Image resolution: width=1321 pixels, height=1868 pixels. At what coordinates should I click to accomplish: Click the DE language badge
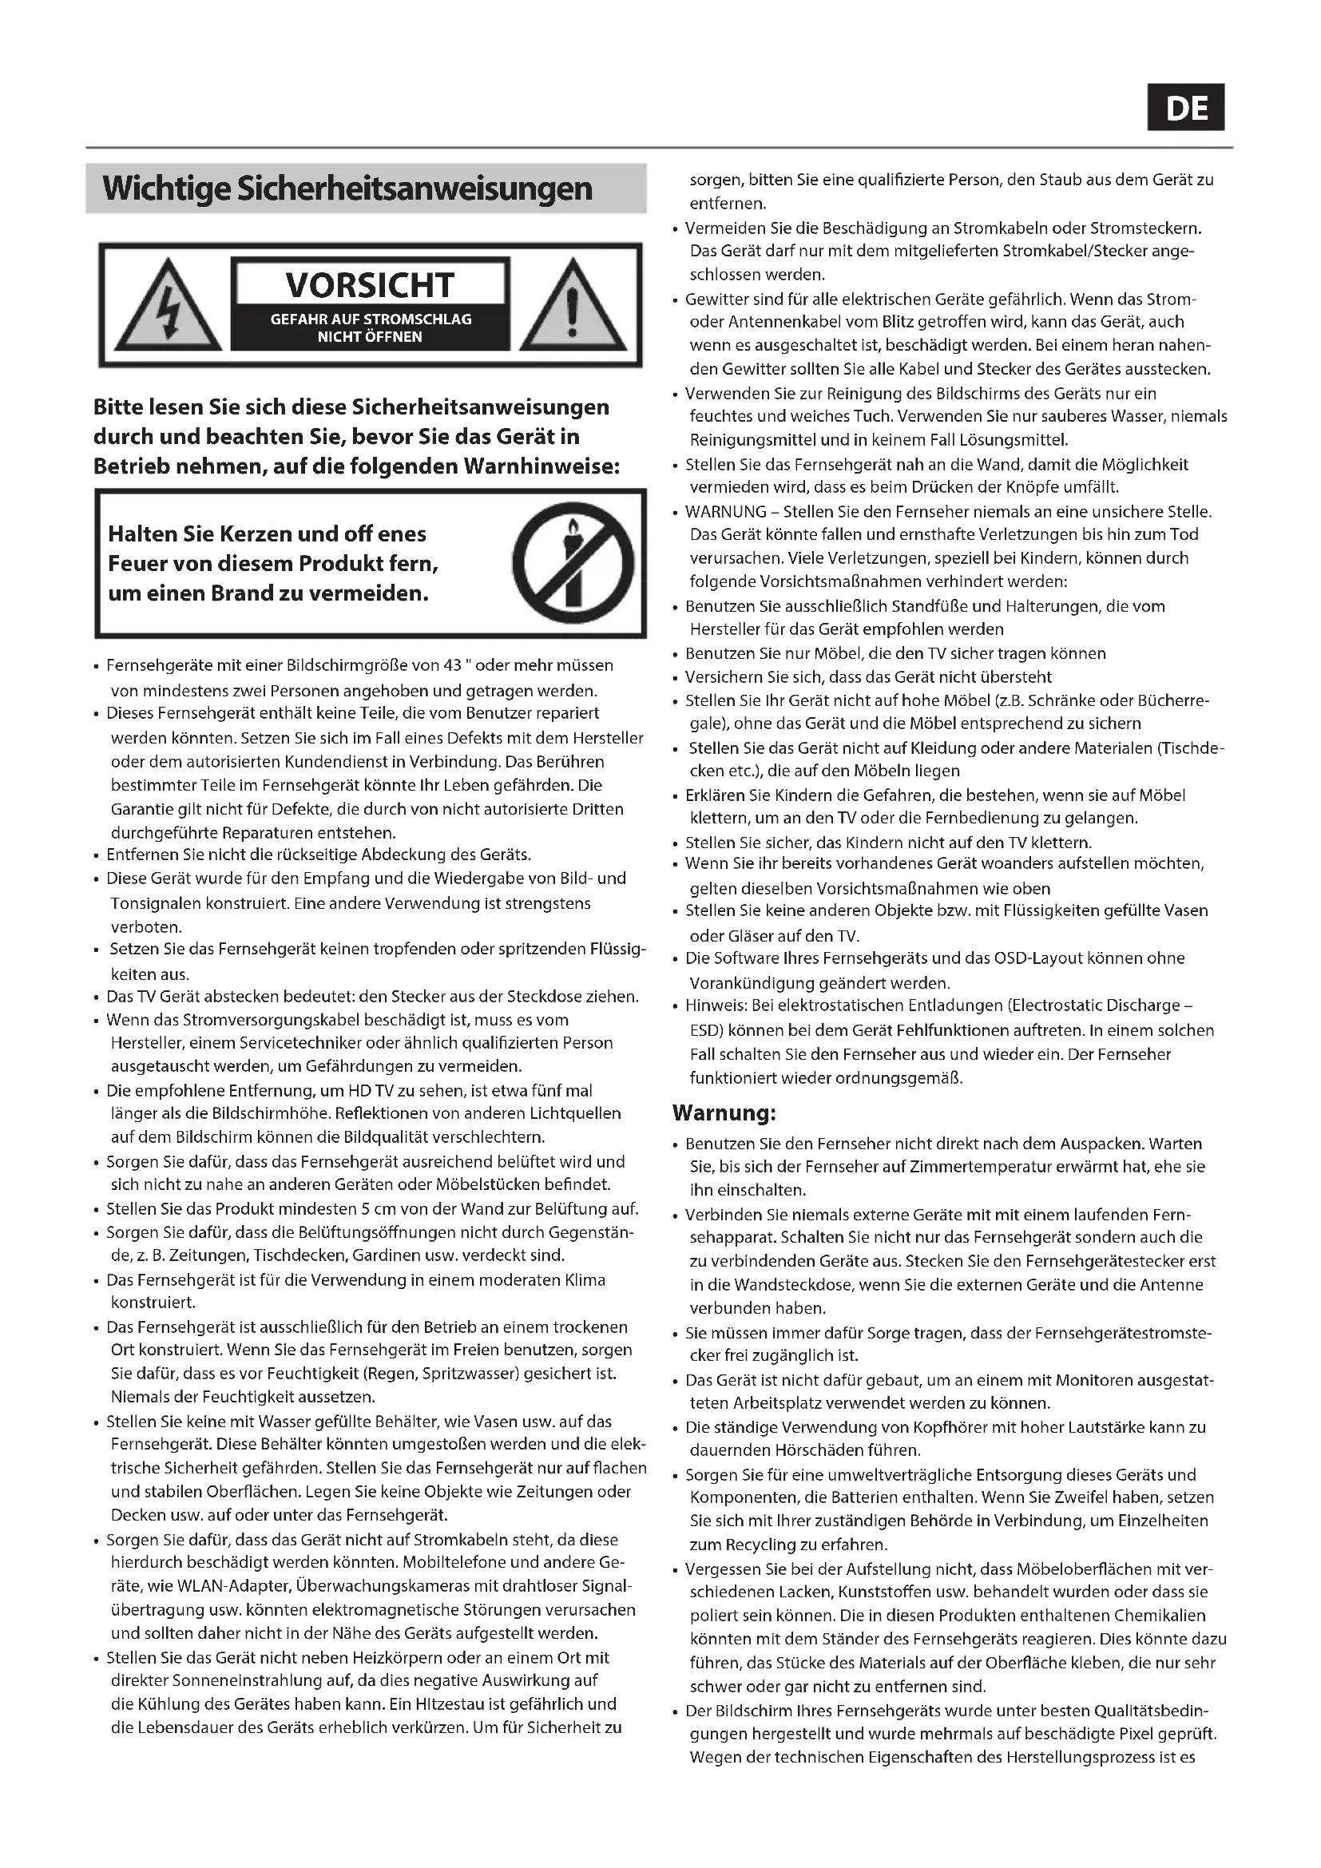click(x=1185, y=108)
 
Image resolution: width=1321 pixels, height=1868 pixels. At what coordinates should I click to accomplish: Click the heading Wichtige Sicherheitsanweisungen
click(x=347, y=188)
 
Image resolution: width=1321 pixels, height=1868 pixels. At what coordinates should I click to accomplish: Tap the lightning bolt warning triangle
click(x=168, y=307)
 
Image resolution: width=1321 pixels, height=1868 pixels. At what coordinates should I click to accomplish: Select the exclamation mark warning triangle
click(x=573, y=307)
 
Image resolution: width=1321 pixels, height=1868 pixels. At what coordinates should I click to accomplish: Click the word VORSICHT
click(x=369, y=286)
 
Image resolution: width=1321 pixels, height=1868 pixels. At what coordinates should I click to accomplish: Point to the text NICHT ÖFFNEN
click(x=369, y=337)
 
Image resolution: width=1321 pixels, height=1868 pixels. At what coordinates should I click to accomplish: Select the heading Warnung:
click(x=724, y=1112)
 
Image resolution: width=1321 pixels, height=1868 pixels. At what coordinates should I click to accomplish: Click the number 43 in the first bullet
click(x=452, y=665)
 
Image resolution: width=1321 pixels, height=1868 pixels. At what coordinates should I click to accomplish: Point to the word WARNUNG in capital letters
click(x=725, y=512)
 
